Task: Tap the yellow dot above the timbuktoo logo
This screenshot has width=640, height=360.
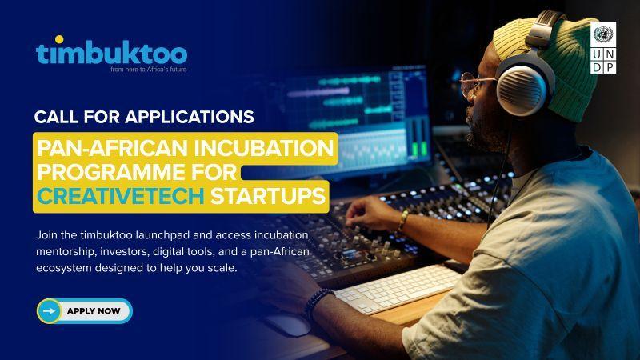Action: pyautogui.click(x=59, y=39)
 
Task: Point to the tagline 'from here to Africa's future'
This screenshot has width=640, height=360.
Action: pyautogui.click(x=148, y=70)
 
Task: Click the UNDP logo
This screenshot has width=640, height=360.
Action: pyautogui.click(x=603, y=48)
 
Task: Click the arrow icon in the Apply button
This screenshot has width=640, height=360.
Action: pyautogui.click(x=49, y=311)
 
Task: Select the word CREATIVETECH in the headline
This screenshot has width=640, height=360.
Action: pyautogui.click(x=121, y=196)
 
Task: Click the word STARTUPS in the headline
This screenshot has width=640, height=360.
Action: pyautogui.click(x=268, y=196)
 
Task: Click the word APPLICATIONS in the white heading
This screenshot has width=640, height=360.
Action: pyautogui.click(x=190, y=117)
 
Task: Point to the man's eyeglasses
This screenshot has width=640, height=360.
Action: pyautogui.click(x=475, y=86)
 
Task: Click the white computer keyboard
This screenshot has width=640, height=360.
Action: pyautogui.click(x=397, y=289)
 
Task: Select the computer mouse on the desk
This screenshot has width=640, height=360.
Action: pyautogui.click(x=288, y=325)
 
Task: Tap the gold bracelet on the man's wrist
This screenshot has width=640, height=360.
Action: pyautogui.click(x=403, y=221)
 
